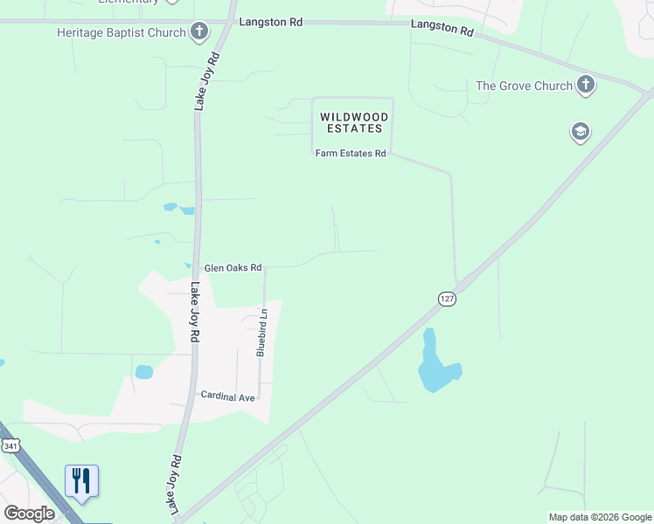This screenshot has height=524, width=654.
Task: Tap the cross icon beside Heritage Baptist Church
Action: [199, 33]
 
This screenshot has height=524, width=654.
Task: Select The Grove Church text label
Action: [523, 86]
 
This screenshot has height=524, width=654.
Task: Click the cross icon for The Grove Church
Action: [586, 86]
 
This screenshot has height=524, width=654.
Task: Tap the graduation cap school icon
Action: [579, 132]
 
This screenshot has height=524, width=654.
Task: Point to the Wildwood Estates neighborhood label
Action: [351, 122]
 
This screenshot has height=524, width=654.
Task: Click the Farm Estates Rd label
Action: [351, 154]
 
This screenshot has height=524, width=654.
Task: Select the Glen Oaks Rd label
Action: [233, 268]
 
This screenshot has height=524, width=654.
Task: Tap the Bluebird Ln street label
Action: [261, 331]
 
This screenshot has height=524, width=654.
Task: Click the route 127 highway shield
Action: [447, 299]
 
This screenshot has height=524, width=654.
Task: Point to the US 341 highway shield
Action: [10, 446]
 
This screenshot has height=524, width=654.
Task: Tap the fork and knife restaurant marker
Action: [81, 481]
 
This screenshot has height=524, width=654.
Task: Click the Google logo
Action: [29, 514]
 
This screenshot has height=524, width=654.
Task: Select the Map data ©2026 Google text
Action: [600, 517]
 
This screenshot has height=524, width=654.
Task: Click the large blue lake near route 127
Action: [435, 367]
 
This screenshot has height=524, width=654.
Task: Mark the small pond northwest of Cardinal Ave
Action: [144, 372]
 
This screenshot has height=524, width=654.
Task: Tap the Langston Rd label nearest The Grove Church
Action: [442, 28]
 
